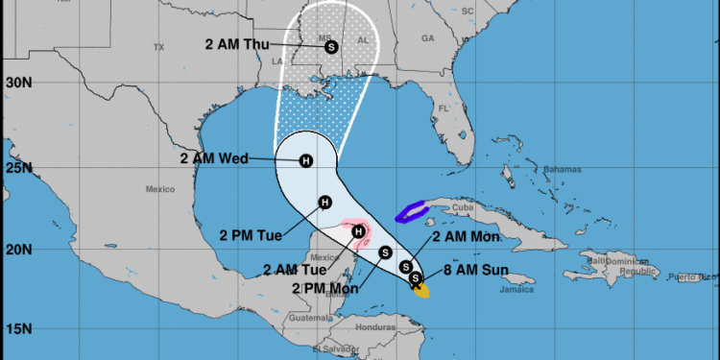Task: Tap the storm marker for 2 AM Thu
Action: click(x=331, y=46)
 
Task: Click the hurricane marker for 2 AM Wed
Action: click(x=306, y=160)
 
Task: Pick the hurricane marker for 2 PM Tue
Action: click(x=324, y=202)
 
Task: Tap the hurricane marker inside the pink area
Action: click(x=358, y=230)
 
